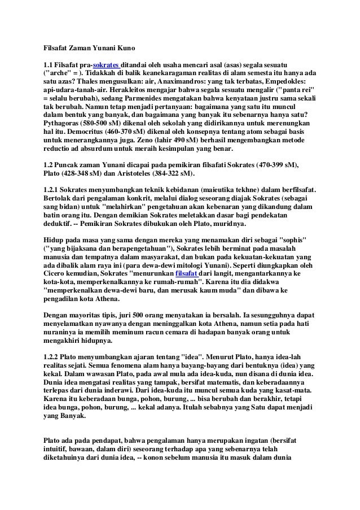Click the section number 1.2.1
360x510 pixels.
(52, 189)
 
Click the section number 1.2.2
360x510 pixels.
(52, 358)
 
